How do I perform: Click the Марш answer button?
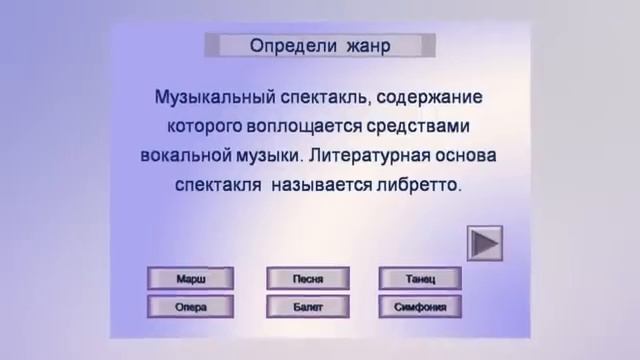(x=190, y=278)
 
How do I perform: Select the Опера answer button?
(x=190, y=307)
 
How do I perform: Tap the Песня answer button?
(x=308, y=278)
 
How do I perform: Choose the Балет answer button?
(x=308, y=307)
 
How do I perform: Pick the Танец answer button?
(x=421, y=278)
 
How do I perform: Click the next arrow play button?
(x=485, y=243)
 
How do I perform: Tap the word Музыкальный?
(x=215, y=99)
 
